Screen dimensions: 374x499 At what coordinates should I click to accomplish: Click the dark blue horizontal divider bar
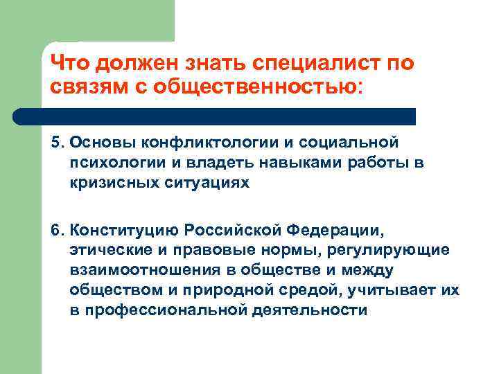pyautogui.click(x=215, y=116)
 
